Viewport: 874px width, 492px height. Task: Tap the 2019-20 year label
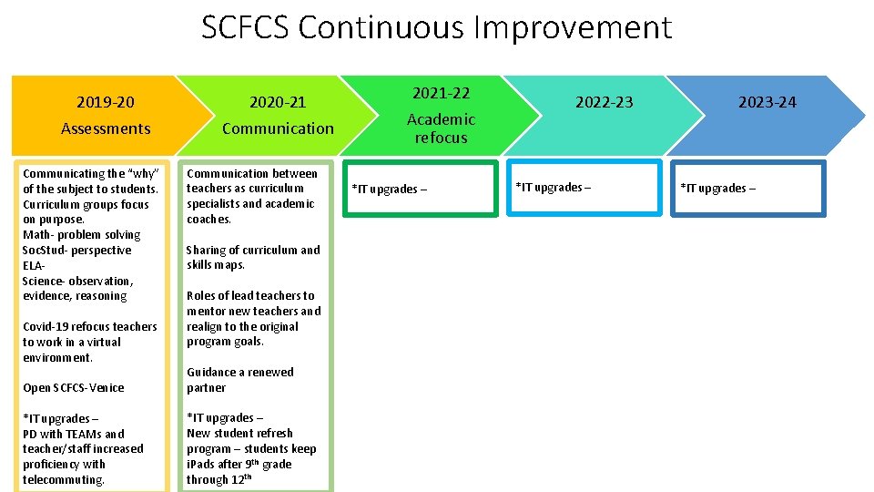click(x=106, y=102)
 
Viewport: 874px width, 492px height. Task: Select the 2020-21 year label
click(x=278, y=102)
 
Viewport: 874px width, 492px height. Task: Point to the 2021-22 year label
click(x=441, y=93)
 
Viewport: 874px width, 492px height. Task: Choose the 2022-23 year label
click(x=604, y=102)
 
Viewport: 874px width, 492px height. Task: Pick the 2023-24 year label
click(x=767, y=102)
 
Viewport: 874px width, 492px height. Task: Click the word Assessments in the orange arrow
click(x=106, y=128)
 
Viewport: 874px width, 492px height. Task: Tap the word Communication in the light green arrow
click(x=278, y=128)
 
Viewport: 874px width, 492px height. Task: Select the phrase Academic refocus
click(x=441, y=128)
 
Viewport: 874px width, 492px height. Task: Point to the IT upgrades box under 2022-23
click(x=583, y=187)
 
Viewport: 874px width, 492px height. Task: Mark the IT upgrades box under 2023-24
click(x=747, y=188)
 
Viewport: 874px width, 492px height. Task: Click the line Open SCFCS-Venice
click(x=74, y=388)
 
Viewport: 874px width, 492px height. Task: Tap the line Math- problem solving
click(x=81, y=235)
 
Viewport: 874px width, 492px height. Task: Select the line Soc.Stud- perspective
click(x=76, y=251)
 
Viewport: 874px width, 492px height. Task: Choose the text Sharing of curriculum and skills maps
click(x=253, y=257)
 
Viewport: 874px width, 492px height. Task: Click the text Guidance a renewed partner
click(x=240, y=380)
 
